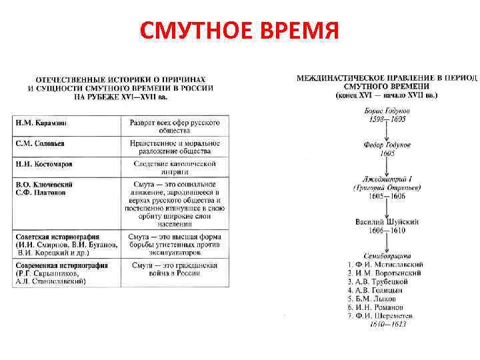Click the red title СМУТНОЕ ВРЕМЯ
239,30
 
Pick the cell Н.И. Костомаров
43,163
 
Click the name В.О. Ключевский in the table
44,184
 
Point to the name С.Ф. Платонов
40,192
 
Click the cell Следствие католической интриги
175,167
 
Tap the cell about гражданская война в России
175,269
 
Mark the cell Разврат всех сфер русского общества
175,129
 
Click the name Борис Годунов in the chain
387,110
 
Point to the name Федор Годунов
387,145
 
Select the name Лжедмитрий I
387,179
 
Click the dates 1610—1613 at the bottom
387,324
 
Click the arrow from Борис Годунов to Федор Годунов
387,131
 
